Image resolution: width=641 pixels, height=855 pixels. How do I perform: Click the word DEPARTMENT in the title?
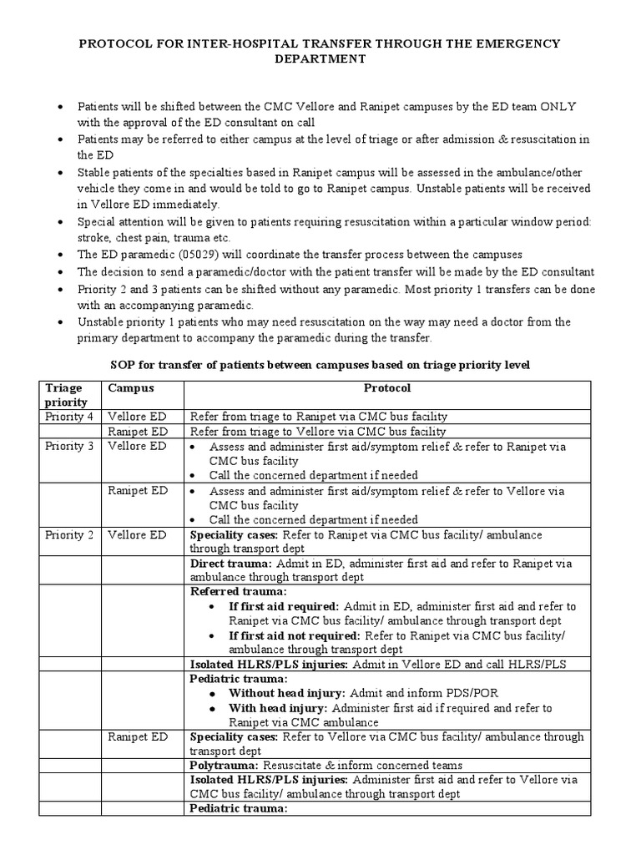(320, 59)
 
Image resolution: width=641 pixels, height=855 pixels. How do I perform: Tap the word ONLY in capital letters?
(560, 107)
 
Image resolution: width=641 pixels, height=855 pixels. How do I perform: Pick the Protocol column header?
(387, 388)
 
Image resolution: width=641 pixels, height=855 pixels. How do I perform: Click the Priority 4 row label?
(69, 416)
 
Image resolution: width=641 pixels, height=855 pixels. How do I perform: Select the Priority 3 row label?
(69, 446)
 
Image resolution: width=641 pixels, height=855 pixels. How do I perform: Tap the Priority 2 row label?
(69, 534)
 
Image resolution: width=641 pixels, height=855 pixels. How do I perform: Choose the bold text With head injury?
(277, 708)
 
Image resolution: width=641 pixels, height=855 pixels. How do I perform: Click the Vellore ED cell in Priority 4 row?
(138, 416)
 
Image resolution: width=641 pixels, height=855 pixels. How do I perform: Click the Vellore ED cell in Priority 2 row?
(138, 534)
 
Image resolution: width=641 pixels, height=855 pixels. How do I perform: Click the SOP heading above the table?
(320, 366)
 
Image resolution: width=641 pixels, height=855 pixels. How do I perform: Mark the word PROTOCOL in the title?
(118, 43)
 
